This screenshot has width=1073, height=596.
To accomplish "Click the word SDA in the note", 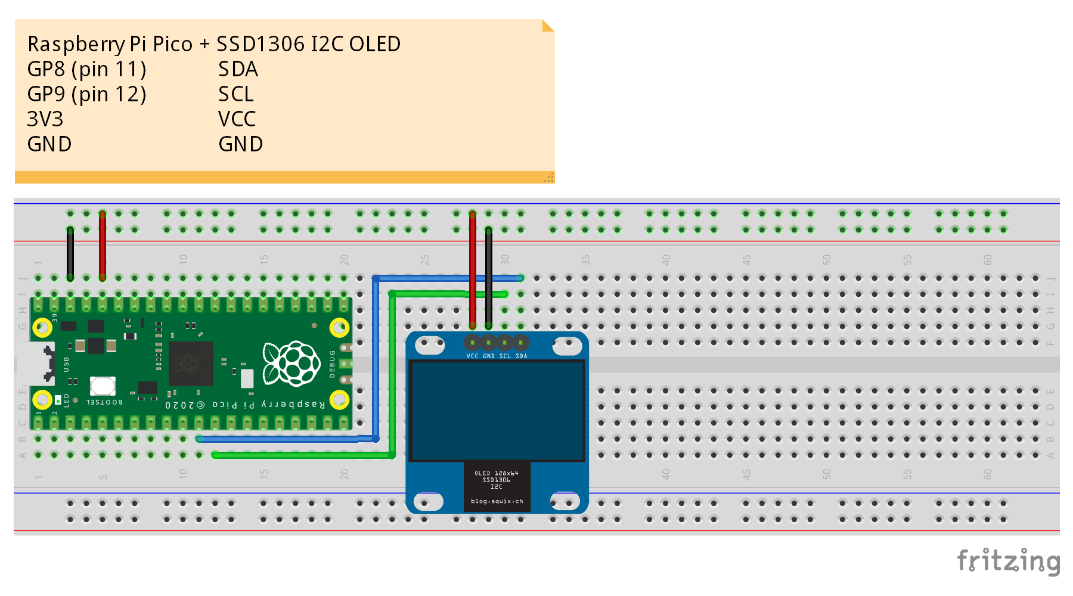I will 238,70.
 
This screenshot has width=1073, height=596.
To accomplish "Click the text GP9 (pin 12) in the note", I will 86,95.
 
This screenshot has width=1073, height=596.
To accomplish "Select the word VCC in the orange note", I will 237,120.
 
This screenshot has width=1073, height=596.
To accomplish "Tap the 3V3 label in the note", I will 45,120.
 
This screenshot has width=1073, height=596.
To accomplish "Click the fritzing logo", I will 1008,561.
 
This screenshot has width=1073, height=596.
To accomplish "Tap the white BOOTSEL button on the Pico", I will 103,386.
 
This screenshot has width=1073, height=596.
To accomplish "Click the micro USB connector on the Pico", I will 35,363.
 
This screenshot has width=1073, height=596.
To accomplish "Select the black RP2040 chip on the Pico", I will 190,364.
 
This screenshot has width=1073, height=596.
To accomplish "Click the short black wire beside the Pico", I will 70,253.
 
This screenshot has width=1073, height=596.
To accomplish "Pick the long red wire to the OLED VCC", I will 473,268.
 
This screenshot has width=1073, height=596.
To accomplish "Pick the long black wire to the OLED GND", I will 489,277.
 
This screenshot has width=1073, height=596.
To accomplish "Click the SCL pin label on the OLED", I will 505,356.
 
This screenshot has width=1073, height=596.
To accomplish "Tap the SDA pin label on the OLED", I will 522,356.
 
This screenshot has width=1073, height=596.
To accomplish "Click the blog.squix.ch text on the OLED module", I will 497,501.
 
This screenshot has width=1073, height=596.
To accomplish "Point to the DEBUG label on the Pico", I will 333,364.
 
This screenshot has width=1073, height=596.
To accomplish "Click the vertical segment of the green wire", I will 392,375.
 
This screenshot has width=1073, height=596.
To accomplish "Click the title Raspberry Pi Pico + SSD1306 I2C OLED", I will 214,44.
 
